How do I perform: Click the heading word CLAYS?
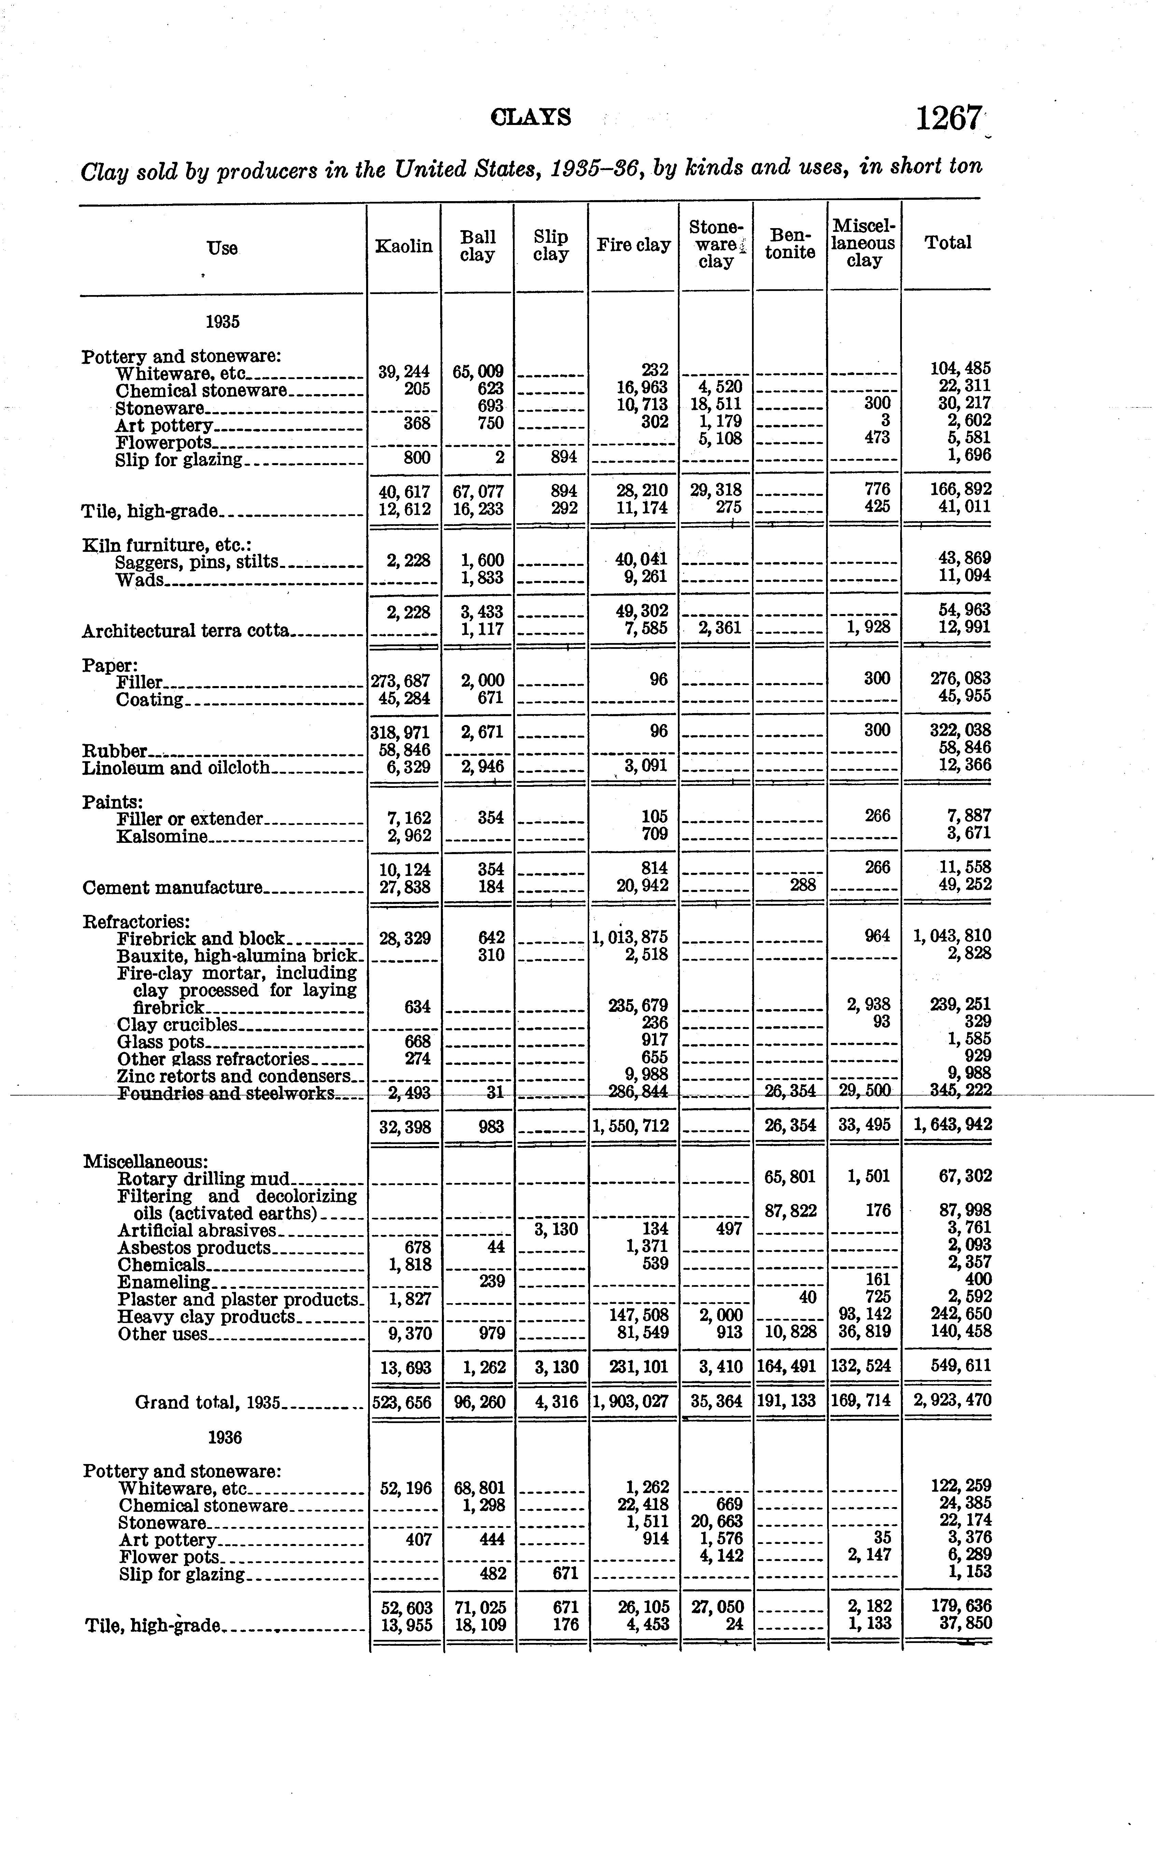(x=531, y=117)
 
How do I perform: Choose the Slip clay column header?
(x=551, y=246)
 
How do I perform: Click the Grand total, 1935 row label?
(x=208, y=1402)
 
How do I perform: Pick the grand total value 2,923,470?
(x=952, y=1401)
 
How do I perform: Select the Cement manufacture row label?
(x=172, y=888)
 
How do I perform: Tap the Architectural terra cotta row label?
(x=186, y=630)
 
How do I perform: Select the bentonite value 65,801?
(x=790, y=1177)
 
